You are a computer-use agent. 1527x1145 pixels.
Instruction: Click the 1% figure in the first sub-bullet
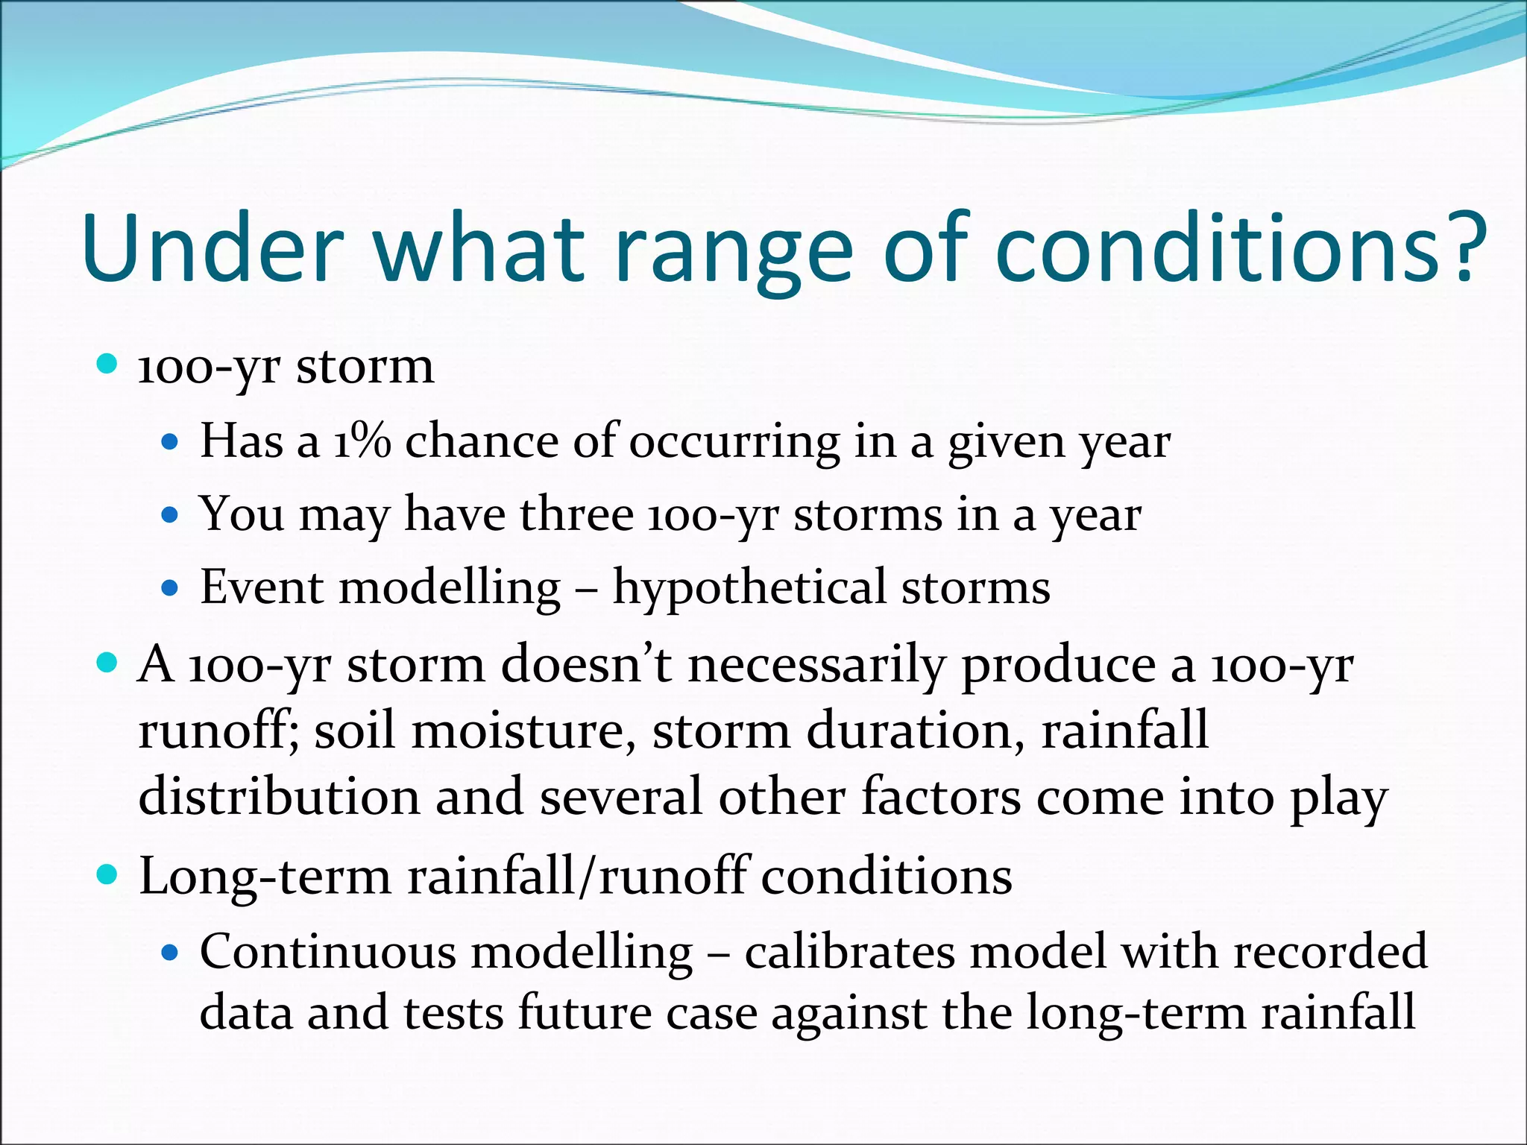tap(362, 441)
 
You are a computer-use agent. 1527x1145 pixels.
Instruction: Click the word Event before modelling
tap(262, 587)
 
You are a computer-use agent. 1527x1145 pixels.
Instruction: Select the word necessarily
tap(816, 665)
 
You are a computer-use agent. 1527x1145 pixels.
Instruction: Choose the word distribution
tap(279, 796)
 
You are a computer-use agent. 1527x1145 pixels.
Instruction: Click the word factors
tap(941, 796)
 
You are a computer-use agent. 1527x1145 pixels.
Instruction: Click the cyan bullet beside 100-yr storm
tap(107, 365)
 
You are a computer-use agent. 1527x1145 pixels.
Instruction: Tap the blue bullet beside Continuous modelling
tap(171, 953)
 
